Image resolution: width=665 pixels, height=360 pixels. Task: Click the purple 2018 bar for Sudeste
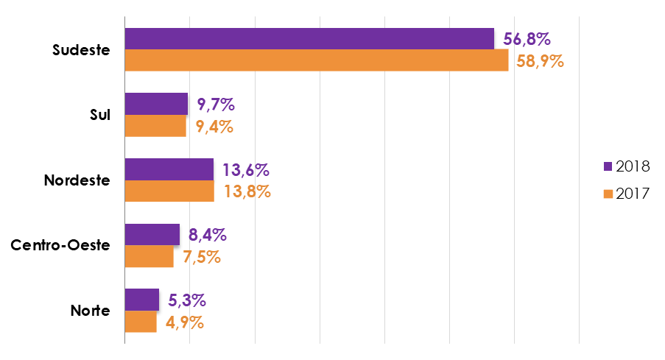309,38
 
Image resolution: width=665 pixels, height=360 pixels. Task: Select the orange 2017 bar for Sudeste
317,60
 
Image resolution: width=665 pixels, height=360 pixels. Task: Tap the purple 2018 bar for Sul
156,104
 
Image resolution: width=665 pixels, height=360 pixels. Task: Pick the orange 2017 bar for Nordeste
169,191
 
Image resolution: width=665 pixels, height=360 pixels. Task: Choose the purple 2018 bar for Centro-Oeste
152,235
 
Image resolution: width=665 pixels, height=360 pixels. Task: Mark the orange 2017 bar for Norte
141,322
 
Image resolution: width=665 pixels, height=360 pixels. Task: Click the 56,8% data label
527,38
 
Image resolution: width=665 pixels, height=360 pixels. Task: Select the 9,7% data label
216,104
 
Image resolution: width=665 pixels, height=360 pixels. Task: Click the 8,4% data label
207,235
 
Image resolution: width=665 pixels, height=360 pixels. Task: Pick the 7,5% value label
201,257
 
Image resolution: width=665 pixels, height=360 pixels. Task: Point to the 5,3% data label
186,300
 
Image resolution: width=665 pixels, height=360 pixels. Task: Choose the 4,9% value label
184,322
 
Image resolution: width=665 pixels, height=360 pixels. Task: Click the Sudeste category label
81,50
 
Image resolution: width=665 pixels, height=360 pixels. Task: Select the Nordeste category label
77,180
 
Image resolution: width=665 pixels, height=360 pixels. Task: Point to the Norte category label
90,311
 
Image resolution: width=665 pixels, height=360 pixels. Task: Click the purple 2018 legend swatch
607,166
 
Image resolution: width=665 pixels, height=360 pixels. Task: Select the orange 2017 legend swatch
607,194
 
